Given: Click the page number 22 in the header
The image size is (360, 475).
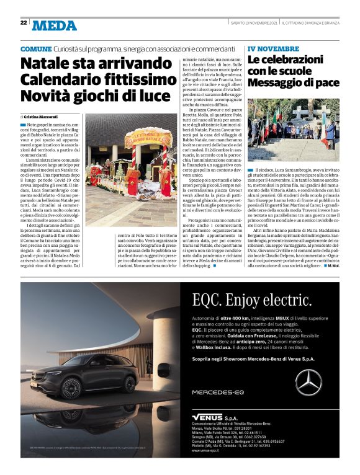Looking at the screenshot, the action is click(23, 22).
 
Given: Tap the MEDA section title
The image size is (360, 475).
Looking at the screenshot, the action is click(55, 25).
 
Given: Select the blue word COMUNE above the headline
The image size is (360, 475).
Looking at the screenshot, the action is click(35, 49).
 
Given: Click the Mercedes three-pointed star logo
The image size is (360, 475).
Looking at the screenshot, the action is click(308, 381).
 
